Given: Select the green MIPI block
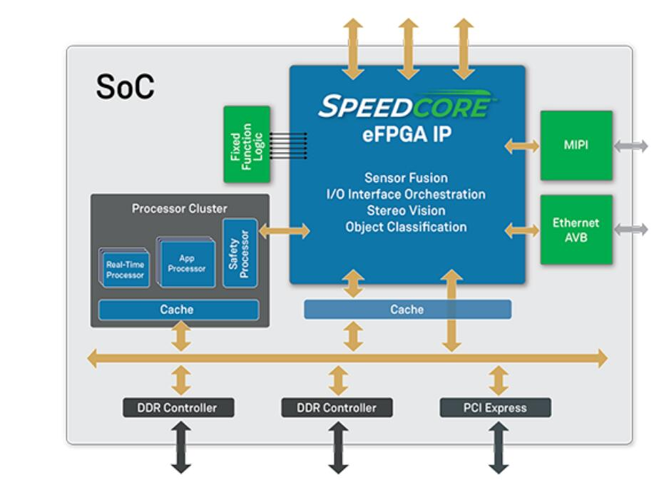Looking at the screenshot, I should tap(576, 146).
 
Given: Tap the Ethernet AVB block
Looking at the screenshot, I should tap(576, 229).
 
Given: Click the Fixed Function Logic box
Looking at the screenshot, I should tap(247, 143).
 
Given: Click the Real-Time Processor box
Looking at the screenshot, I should tap(126, 269).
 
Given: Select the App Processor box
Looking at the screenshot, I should tap(187, 263).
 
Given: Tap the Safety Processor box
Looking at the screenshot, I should tap(239, 253).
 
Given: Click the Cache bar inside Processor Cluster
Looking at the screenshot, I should tap(177, 310).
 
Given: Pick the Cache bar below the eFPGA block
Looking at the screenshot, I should tap(407, 309).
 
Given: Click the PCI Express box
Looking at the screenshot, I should tap(495, 408).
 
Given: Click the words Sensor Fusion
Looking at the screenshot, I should tap(407, 178).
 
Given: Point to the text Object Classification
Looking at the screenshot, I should tap(407, 227).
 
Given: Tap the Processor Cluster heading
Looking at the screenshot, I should tap(180, 209).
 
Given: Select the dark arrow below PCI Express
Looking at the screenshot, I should tap(496, 447).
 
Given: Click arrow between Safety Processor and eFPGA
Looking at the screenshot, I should tap(285, 230).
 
